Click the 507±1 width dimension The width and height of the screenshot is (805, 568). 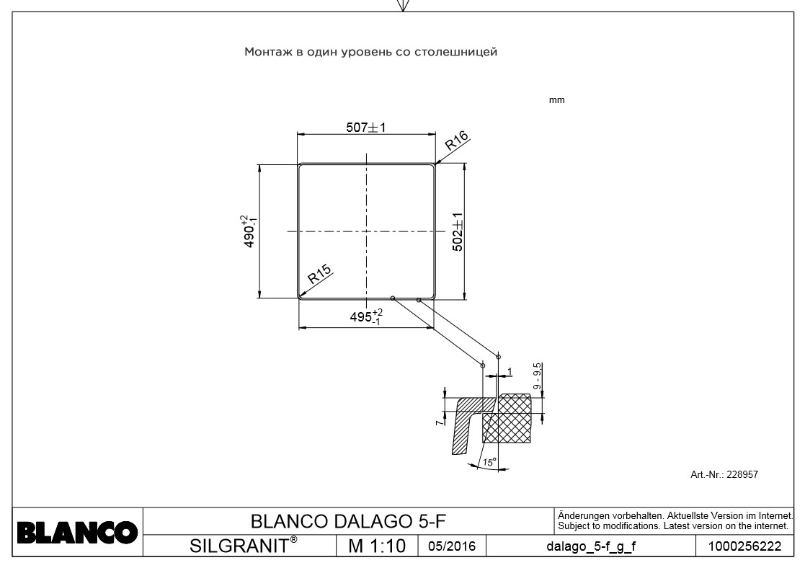(367, 128)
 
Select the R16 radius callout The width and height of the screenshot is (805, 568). (456, 140)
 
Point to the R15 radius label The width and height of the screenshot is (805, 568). (319, 274)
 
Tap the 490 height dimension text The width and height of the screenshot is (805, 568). (249, 231)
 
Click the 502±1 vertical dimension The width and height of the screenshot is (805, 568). (457, 231)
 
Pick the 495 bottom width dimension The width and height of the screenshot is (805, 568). (367, 317)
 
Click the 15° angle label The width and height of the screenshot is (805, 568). (488, 463)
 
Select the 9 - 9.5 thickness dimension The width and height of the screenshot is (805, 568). (538, 376)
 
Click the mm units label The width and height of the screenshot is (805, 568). (557, 100)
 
